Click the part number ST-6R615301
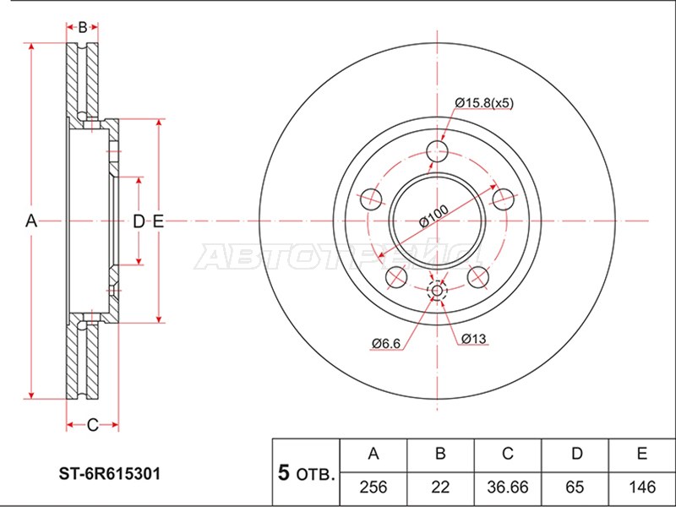pos(110,474)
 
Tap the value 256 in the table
pos(373,488)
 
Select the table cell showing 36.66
pos(508,488)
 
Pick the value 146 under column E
pos(642,488)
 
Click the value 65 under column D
pos(575,488)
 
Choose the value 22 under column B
pos(440,488)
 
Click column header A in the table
pos(373,454)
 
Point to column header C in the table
pos(508,454)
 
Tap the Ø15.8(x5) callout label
pos(484,103)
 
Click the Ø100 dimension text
pos(433,215)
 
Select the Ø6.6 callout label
pos(386,343)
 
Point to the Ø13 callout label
pos(474,339)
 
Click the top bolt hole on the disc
pos(437,151)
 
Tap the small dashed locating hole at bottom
pos(437,290)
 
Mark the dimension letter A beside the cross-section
pos(31,221)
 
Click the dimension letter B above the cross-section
pos(82,27)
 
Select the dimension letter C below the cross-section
pos(92,425)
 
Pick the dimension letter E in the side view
pos(158,221)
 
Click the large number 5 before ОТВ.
pos(284,472)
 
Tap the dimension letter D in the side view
pos(139,221)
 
